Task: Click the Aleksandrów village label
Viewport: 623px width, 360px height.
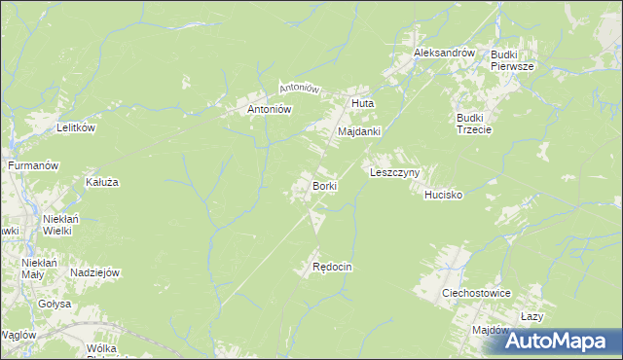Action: point(443,53)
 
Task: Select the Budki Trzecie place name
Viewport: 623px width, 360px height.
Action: point(475,125)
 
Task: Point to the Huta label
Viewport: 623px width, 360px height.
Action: point(362,103)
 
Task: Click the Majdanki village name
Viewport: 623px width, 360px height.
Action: point(358,130)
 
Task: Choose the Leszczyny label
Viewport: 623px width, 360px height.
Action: point(394,172)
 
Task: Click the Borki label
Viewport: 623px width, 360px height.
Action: point(325,185)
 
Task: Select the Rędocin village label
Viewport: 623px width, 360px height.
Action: point(331,267)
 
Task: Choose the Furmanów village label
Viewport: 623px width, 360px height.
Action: point(34,166)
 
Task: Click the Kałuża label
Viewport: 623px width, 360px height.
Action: point(101,182)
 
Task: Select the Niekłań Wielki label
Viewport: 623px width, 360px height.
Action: point(59,225)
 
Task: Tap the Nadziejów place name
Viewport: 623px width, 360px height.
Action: point(94,273)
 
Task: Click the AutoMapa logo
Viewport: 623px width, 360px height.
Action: point(561,340)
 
